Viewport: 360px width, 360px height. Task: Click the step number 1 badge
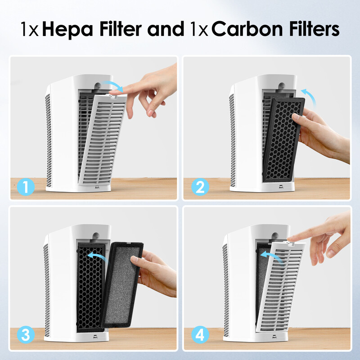25,187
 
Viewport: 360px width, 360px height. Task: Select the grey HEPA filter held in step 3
121,283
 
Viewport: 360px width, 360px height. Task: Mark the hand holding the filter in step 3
155,274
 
